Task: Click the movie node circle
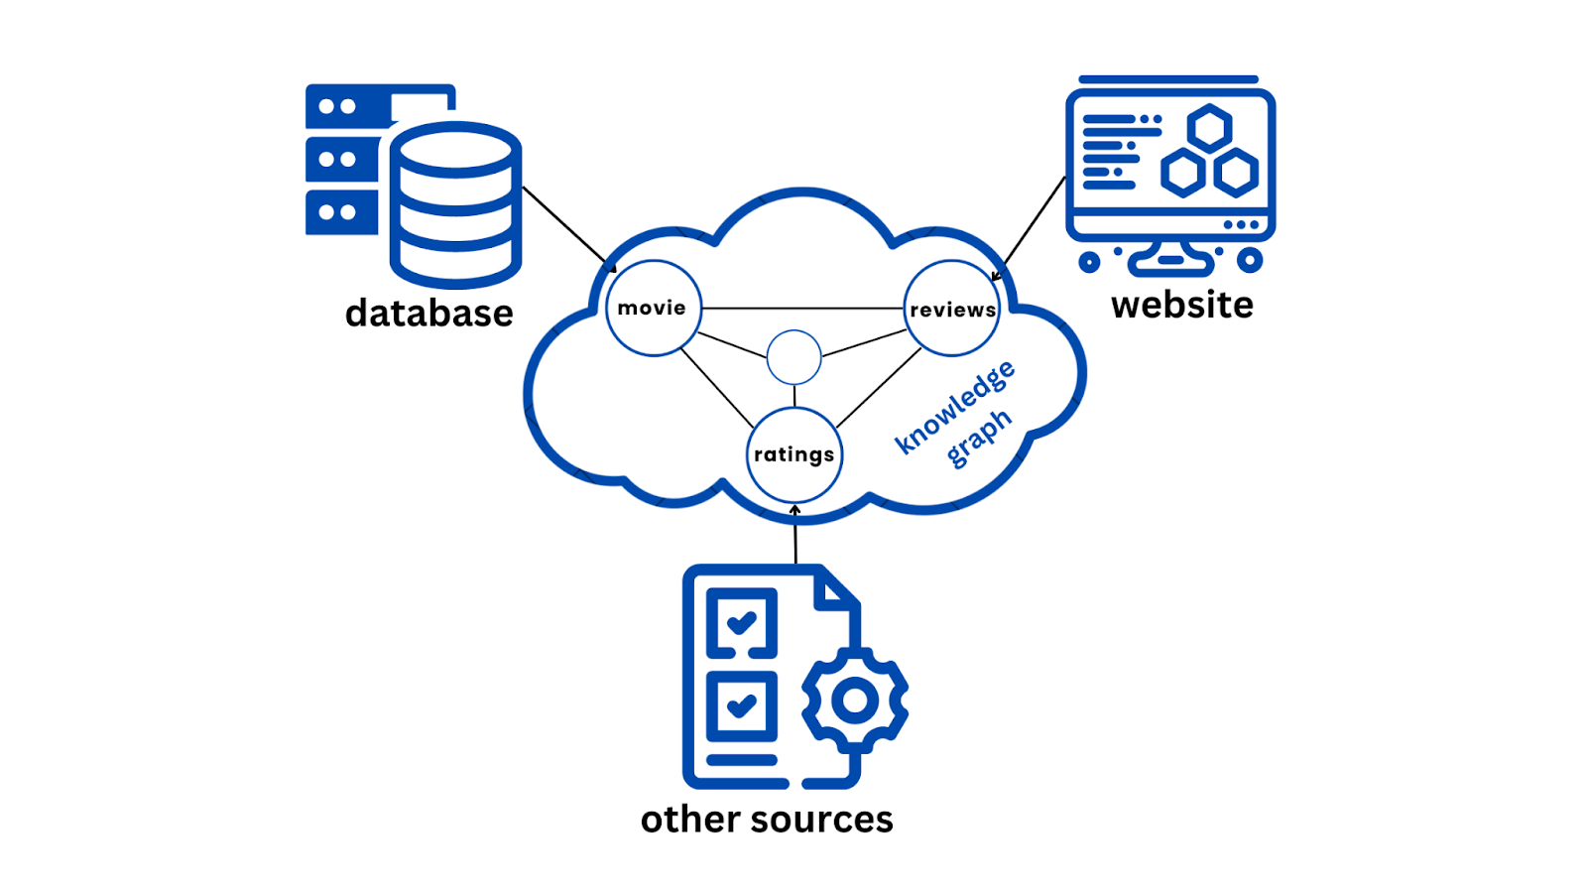(653, 308)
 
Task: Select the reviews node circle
(951, 309)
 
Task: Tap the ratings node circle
(793, 454)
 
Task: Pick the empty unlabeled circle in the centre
(793, 357)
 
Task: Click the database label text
(428, 314)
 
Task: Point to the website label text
(1181, 305)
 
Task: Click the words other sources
(766, 820)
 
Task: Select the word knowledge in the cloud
(953, 407)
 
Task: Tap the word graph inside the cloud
(978, 438)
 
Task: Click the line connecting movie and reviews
(801, 309)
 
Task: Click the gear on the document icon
(854, 701)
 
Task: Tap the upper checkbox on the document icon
(741, 623)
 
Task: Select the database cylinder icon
(455, 204)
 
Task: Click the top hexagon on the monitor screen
(1209, 129)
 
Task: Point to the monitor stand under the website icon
(1170, 256)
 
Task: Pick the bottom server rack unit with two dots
(339, 212)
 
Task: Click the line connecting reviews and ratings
(879, 388)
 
